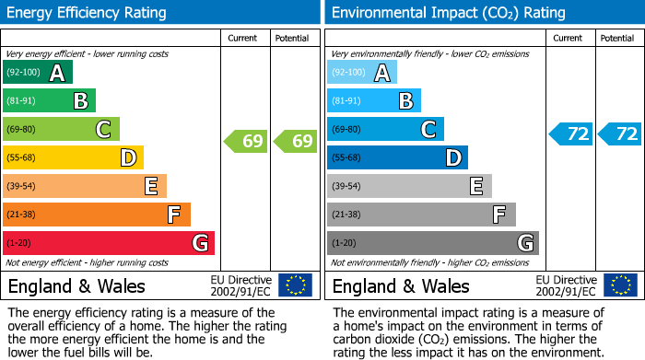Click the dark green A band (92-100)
pos(38,73)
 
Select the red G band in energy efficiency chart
pos(109,243)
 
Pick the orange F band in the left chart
pos(97,215)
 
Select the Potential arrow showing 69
pos(296,142)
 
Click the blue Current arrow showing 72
pos(570,134)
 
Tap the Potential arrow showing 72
pos(619,134)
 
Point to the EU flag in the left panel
pos(295,285)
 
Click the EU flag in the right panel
pos(619,285)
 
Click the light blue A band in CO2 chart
pos(362,73)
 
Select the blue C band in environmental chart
pos(385,130)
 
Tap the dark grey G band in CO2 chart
pos(432,243)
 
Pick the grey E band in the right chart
pos(409,186)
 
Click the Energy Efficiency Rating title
pos(88,13)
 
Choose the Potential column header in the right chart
pos(617,38)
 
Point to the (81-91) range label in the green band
pos(22,101)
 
